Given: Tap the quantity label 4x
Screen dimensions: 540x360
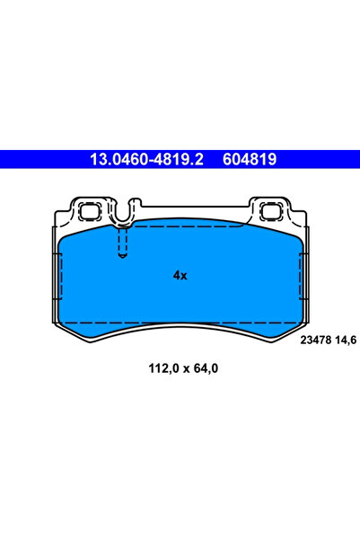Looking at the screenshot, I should tap(180, 276).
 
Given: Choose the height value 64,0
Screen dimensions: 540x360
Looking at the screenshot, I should tap(201, 368).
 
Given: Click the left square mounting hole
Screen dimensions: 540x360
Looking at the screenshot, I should tap(91, 212).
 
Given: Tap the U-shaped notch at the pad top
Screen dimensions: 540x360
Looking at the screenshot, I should tap(124, 214).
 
